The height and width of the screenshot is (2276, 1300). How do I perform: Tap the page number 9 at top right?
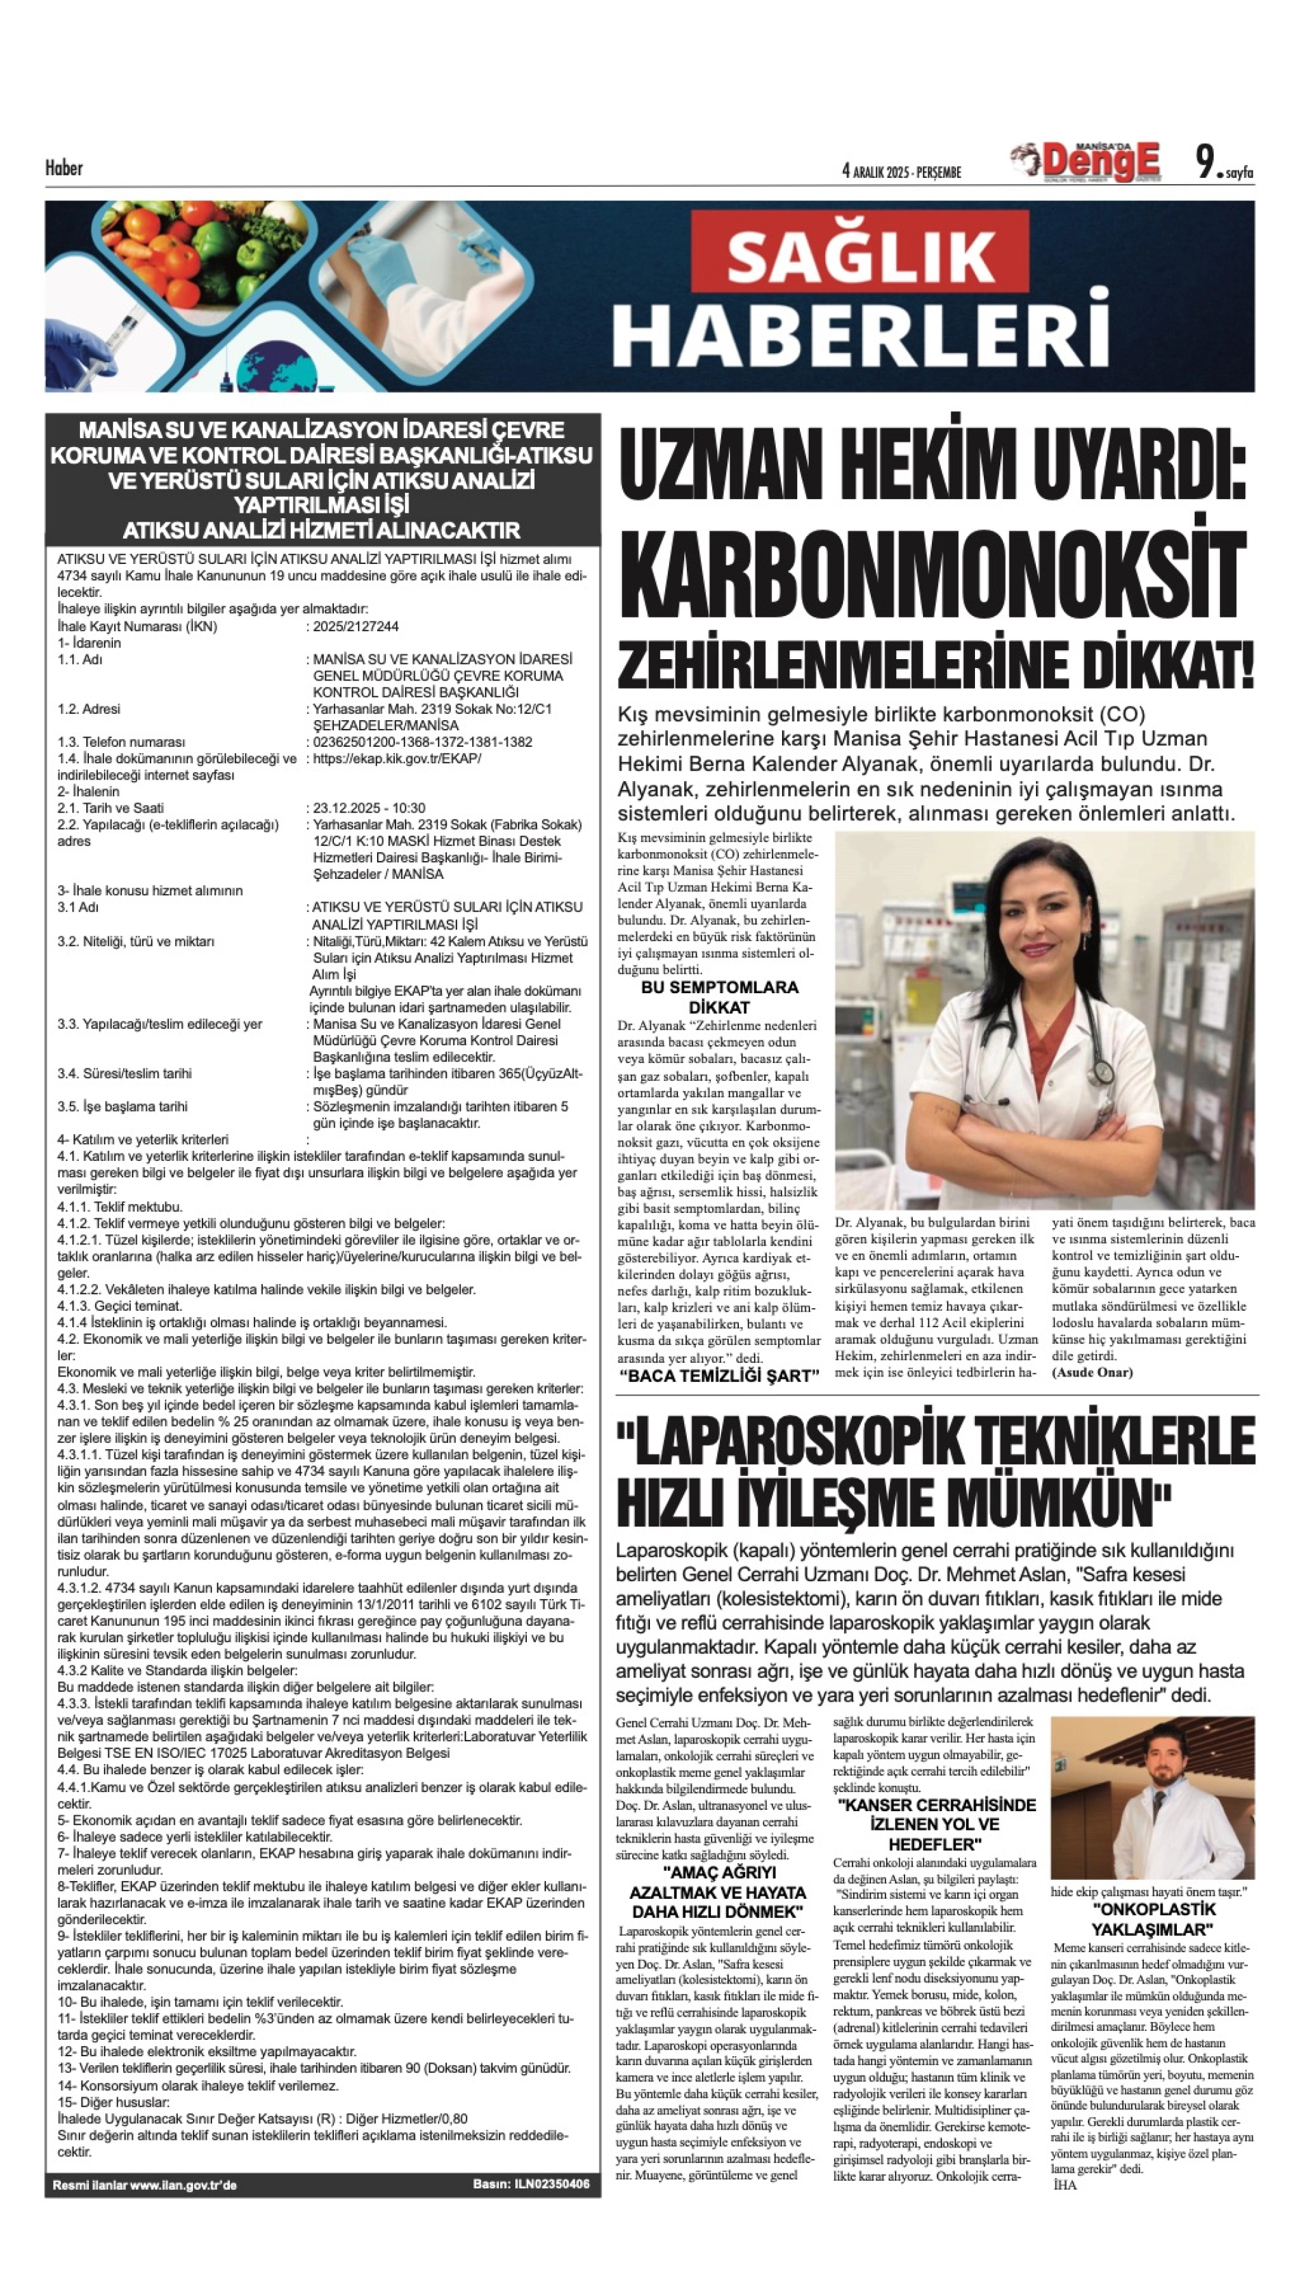[x=1206, y=163]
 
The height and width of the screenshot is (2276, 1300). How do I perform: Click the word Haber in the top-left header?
[x=64, y=168]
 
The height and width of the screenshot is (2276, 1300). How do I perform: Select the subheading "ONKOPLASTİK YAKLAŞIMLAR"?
[x=1153, y=1919]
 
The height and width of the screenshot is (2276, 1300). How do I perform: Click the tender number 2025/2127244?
[x=355, y=627]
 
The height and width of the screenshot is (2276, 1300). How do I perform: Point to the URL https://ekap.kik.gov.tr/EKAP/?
[x=396, y=758]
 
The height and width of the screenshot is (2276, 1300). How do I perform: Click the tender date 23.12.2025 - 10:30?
[x=369, y=808]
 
